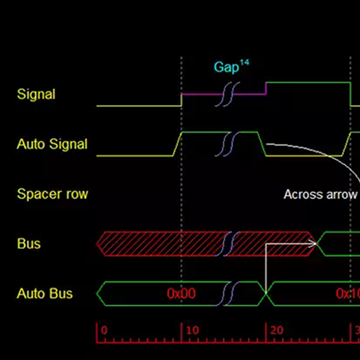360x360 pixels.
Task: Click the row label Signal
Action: click(x=36, y=94)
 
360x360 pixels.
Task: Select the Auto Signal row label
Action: click(x=52, y=144)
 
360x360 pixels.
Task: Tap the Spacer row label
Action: click(x=53, y=194)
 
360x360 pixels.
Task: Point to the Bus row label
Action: click(x=29, y=244)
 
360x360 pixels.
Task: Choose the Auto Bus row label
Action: click(x=45, y=293)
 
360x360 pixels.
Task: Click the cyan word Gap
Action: click(x=227, y=67)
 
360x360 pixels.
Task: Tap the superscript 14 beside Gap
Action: click(x=245, y=62)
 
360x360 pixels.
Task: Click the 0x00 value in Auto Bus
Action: click(x=181, y=293)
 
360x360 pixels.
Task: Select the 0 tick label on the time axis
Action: click(x=104, y=331)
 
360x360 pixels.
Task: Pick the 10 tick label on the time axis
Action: click(x=193, y=331)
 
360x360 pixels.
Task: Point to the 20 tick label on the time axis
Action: click(x=277, y=331)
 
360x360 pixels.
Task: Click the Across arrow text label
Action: click(x=321, y=194)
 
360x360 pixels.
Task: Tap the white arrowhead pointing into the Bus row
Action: click(x=313, y=244)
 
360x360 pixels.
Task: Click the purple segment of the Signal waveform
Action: click(x=224, y=94)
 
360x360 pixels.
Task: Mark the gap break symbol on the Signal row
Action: click(x=227, y=94)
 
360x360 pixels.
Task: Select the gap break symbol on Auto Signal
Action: click(x=227, y=144)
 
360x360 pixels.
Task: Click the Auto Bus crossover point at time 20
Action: click(x=266, y=293)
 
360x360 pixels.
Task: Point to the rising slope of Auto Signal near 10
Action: click(x=177, y=144)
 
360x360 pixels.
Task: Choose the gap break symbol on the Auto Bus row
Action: click(x=227, y=293)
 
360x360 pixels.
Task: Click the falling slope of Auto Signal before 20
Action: click(x=262, y=144)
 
